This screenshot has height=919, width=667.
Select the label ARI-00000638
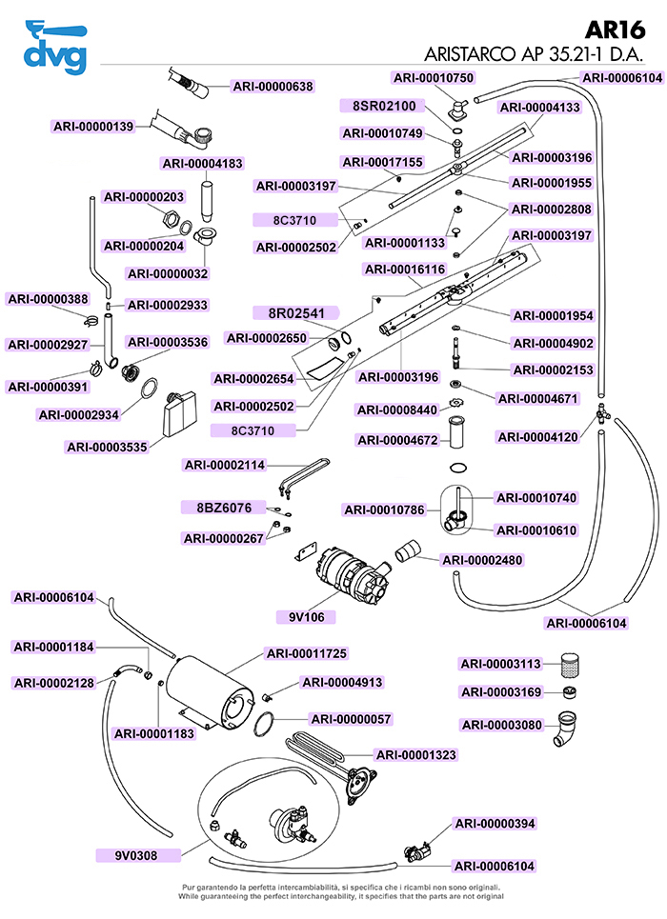pos(273,87)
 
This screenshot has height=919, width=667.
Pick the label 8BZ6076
pos(224,508)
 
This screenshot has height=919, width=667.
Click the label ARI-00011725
pos(307,653)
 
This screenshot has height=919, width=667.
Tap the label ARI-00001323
pos(416,754)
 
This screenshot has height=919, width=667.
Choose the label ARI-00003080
pos(501,725)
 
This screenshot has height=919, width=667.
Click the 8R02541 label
pos(294,312)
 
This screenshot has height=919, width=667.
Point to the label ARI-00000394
pos(495,823)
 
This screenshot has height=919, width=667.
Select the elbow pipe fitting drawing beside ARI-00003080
pos(574,729)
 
